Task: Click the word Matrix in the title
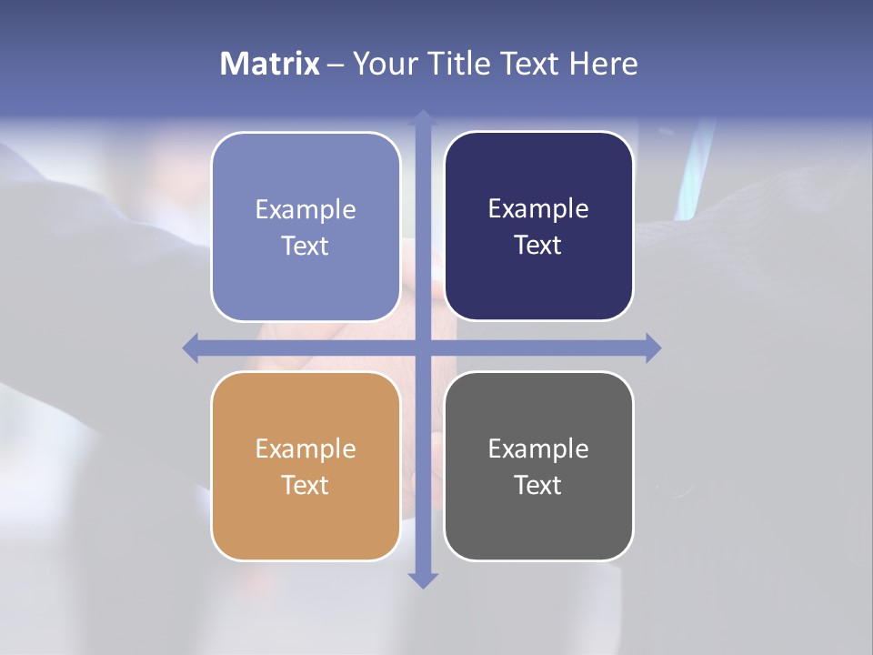269,64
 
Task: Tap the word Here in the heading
604,64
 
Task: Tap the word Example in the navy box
538,209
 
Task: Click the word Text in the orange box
306,485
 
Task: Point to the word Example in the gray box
538,448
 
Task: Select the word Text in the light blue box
306,246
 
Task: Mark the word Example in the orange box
306,448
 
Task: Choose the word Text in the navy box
538,246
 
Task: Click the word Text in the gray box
538,485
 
